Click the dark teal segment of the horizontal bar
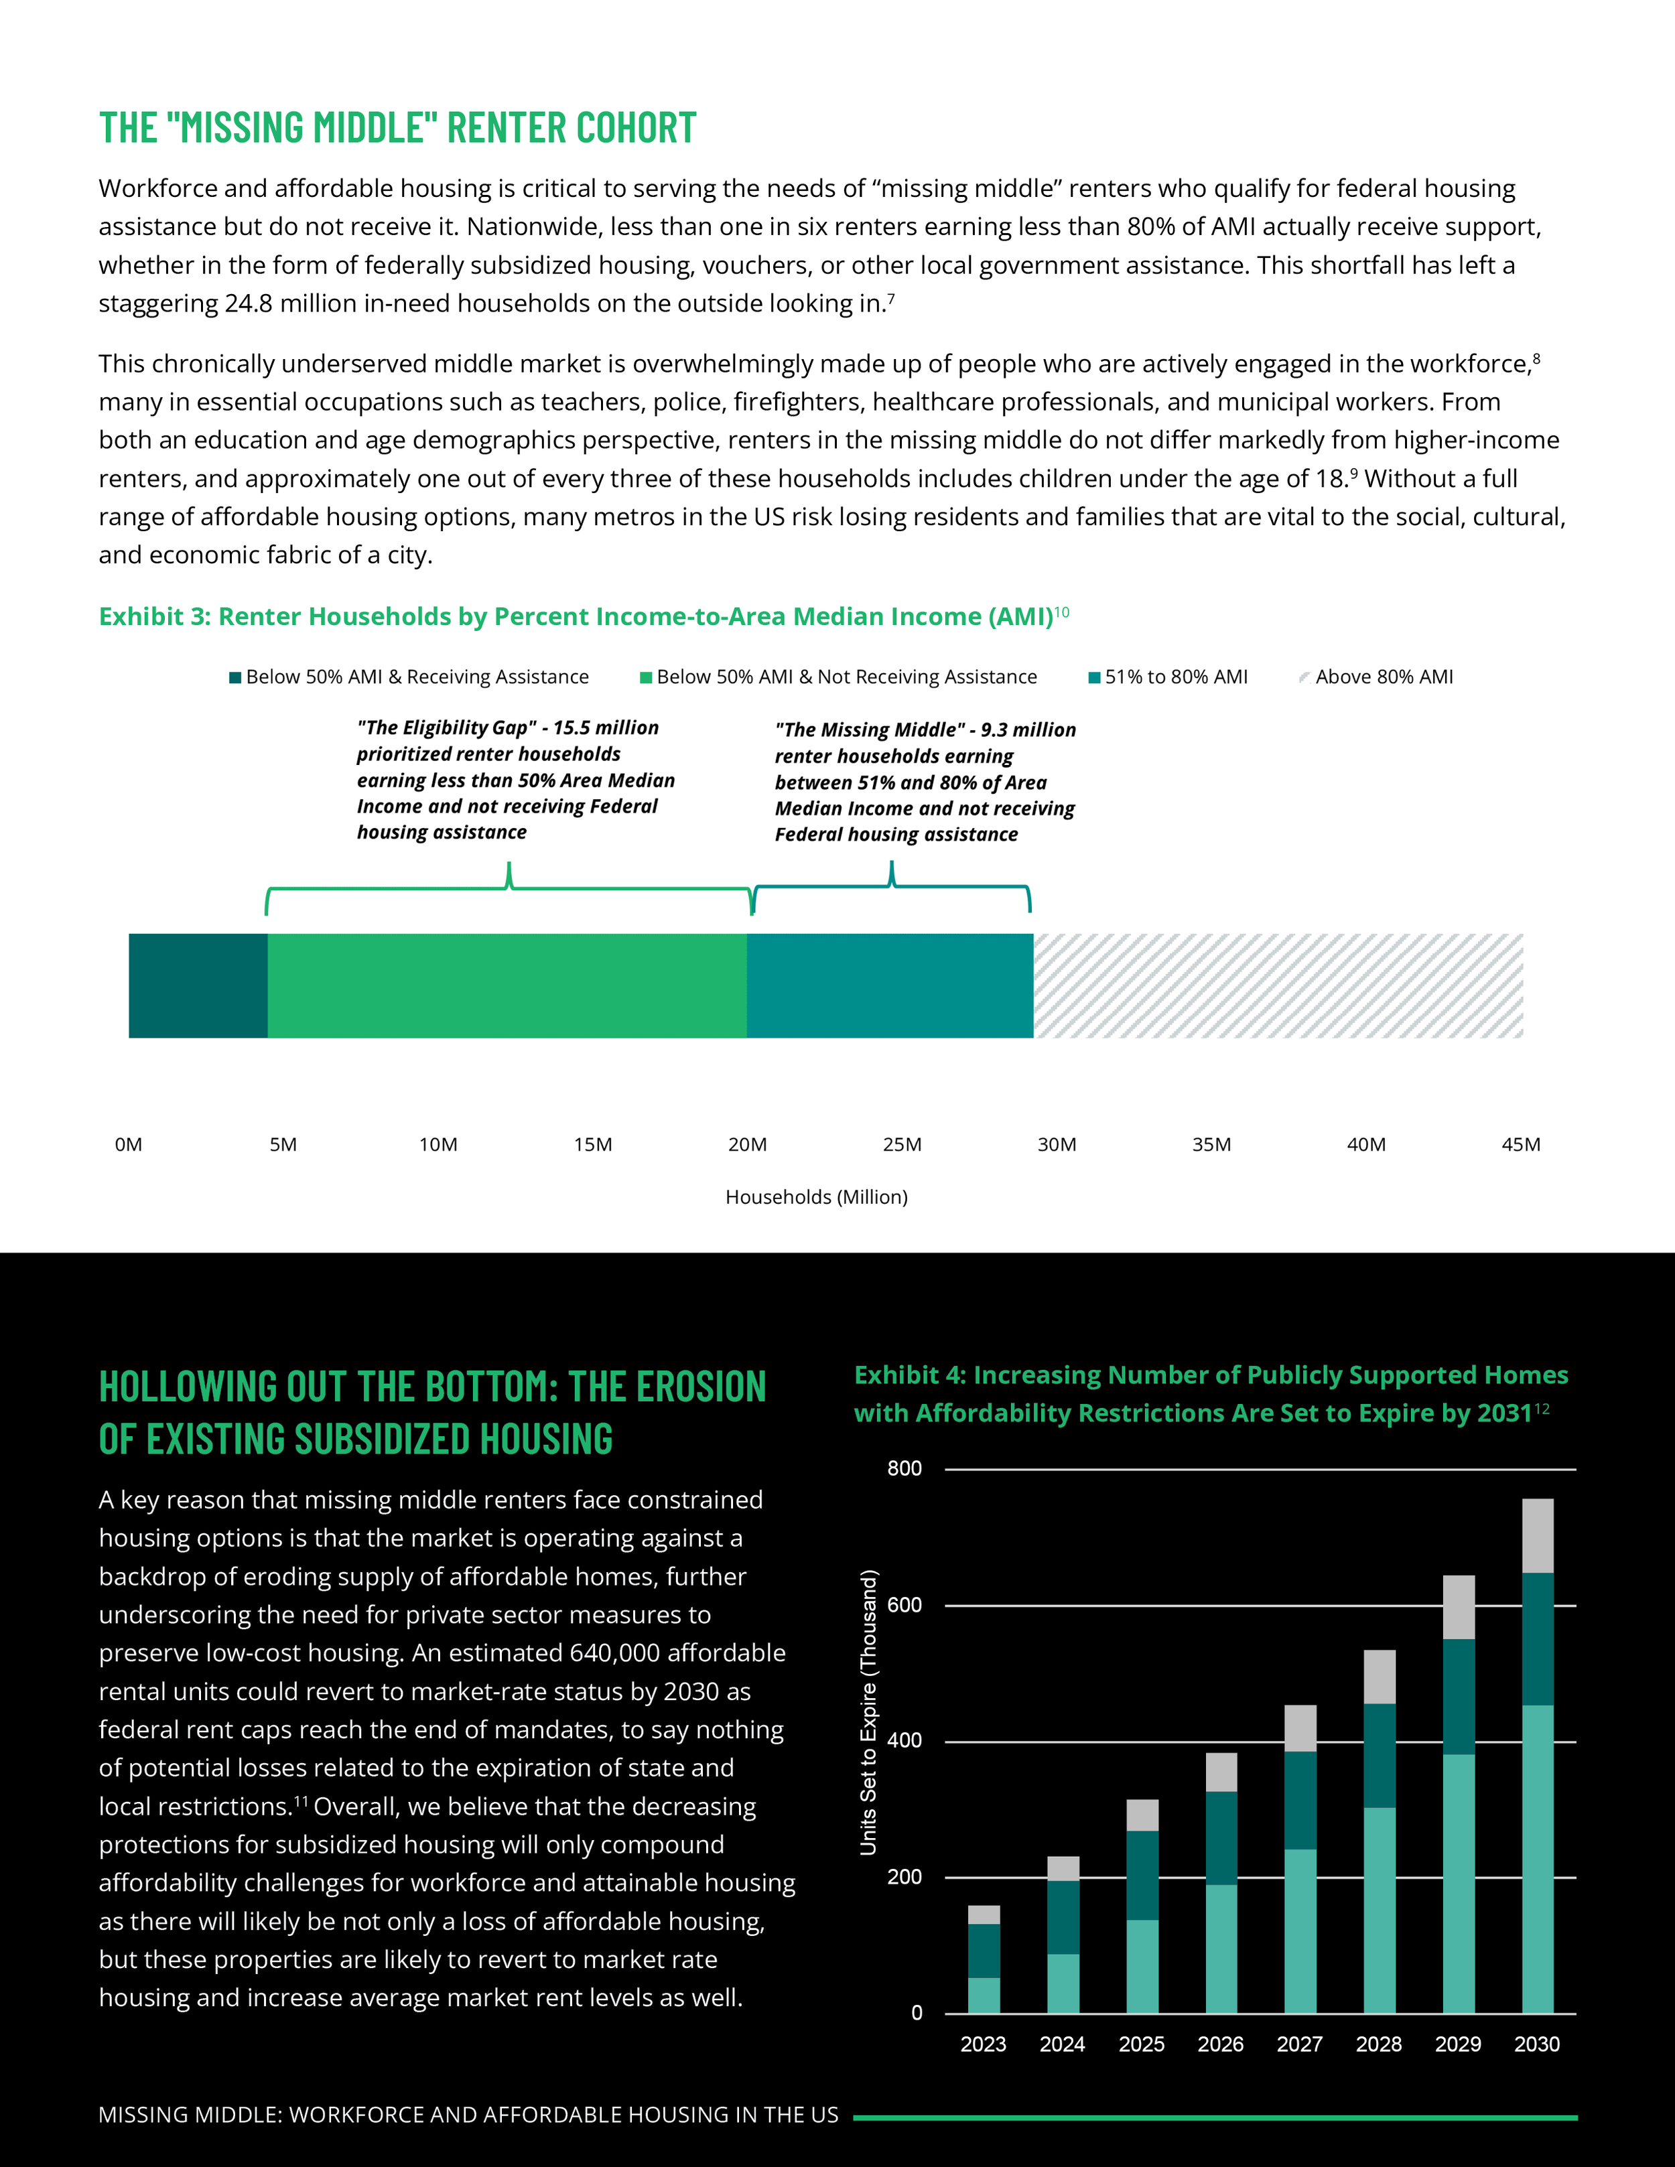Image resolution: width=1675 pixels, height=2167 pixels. (198, 985)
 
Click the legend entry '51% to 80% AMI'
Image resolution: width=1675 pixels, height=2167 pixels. (1175, 677)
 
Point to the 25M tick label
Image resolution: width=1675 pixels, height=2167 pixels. (902, 1144)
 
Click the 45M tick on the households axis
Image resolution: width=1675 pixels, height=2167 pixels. (1520, 1144)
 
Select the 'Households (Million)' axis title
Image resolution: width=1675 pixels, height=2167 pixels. (815, 1196)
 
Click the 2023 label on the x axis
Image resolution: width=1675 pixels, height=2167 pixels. (982, 2044)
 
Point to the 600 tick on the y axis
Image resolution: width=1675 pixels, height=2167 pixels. (904, 1604)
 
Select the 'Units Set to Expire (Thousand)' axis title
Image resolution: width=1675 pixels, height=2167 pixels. (868, 1711)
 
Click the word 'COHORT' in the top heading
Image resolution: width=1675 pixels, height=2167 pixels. (635, 128)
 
